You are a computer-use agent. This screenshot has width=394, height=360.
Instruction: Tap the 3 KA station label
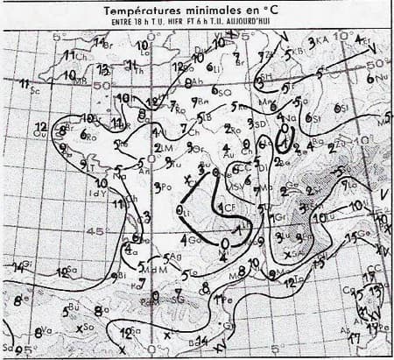(x=318, y=41)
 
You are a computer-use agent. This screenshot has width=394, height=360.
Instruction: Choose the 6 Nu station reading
(x=377, y=77)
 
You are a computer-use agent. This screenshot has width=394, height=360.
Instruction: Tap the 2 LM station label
(x=161, y=146)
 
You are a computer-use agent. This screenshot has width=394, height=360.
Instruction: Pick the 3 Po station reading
(x=161, y=187)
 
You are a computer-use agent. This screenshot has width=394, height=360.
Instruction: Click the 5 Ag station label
(x=172, y=258)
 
